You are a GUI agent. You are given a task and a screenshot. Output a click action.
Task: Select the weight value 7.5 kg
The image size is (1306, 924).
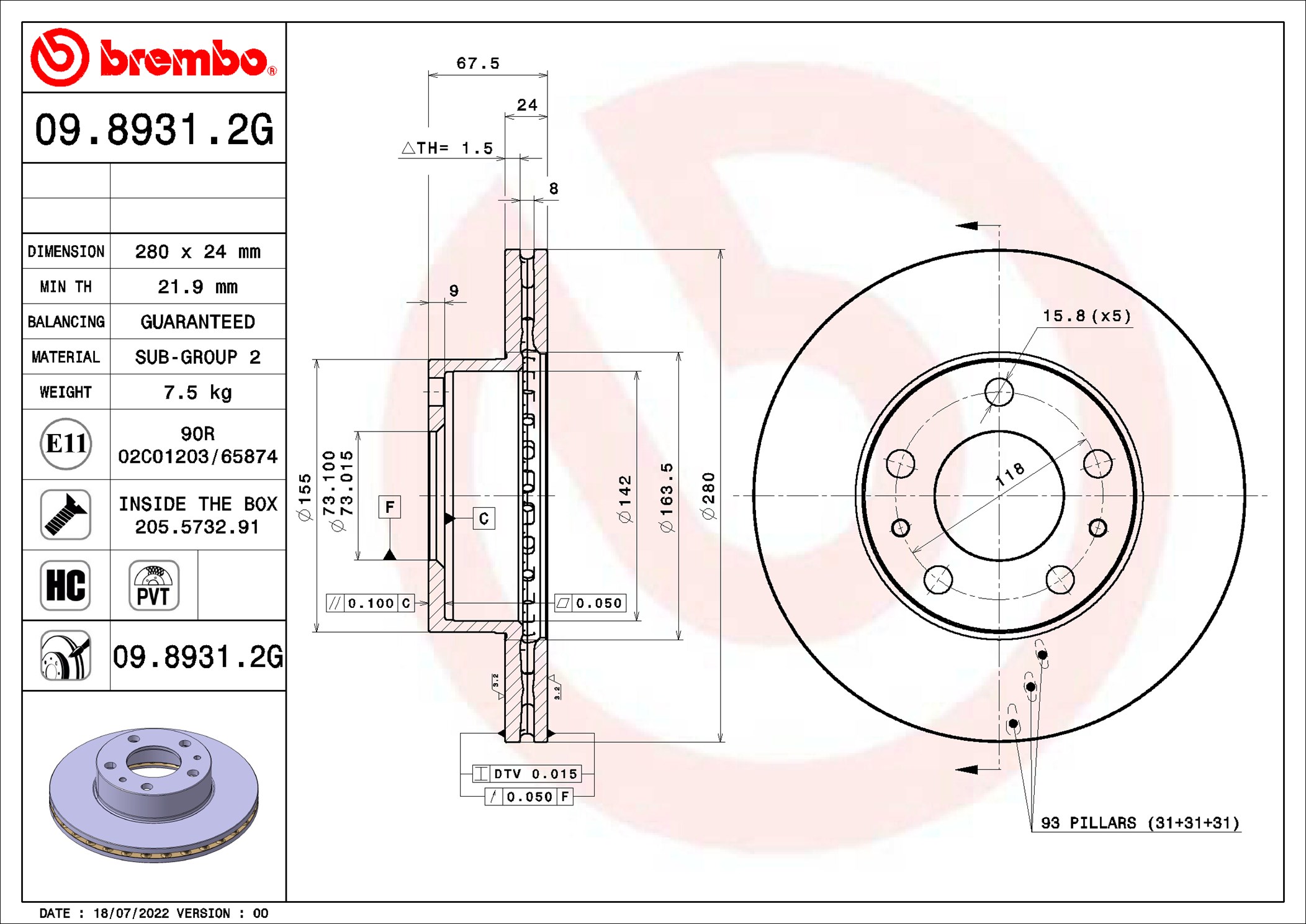pos(197,392)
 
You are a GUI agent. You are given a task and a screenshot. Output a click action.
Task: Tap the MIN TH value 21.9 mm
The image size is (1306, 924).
pos(197,287)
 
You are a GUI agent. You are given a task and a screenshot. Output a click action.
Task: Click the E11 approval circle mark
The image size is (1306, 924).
pos(66,444)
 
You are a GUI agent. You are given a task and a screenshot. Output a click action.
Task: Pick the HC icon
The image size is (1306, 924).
pos(65,585)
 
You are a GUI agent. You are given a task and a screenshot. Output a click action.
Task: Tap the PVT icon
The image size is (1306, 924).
pos(154,585)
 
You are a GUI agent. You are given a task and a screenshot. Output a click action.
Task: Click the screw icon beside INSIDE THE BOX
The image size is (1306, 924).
pos(65,514)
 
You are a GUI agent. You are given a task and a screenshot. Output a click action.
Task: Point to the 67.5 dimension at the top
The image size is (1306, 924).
pos(478,63)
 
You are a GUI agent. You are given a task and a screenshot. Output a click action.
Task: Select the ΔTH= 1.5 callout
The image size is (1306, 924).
pos(448,148)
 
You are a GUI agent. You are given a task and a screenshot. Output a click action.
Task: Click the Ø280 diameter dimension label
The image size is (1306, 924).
pos(708,496)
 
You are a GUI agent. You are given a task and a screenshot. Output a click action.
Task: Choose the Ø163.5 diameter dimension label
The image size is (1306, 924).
pos(666,497)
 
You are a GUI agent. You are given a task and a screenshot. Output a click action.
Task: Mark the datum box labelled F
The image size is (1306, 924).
pos(390,507)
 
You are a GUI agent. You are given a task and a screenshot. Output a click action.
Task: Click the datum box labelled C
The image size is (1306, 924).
pos(484,519)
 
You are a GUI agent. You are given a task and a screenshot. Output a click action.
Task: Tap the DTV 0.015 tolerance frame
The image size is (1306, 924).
pos(527,774)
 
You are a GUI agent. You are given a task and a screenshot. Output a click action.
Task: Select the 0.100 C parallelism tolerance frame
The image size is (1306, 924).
pos(371,603)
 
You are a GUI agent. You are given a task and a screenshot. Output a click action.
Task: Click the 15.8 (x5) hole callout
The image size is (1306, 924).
pos(1087,316)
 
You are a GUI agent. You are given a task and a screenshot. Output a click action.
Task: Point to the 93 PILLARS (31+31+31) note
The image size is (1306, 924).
pos(1140,823)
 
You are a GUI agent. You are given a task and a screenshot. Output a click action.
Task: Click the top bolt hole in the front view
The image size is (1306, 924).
pos(999,392)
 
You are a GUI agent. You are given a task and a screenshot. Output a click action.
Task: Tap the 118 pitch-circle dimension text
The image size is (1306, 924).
pos(1010,474)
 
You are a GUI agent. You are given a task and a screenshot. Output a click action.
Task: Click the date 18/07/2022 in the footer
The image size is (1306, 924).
pos(131,913)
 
